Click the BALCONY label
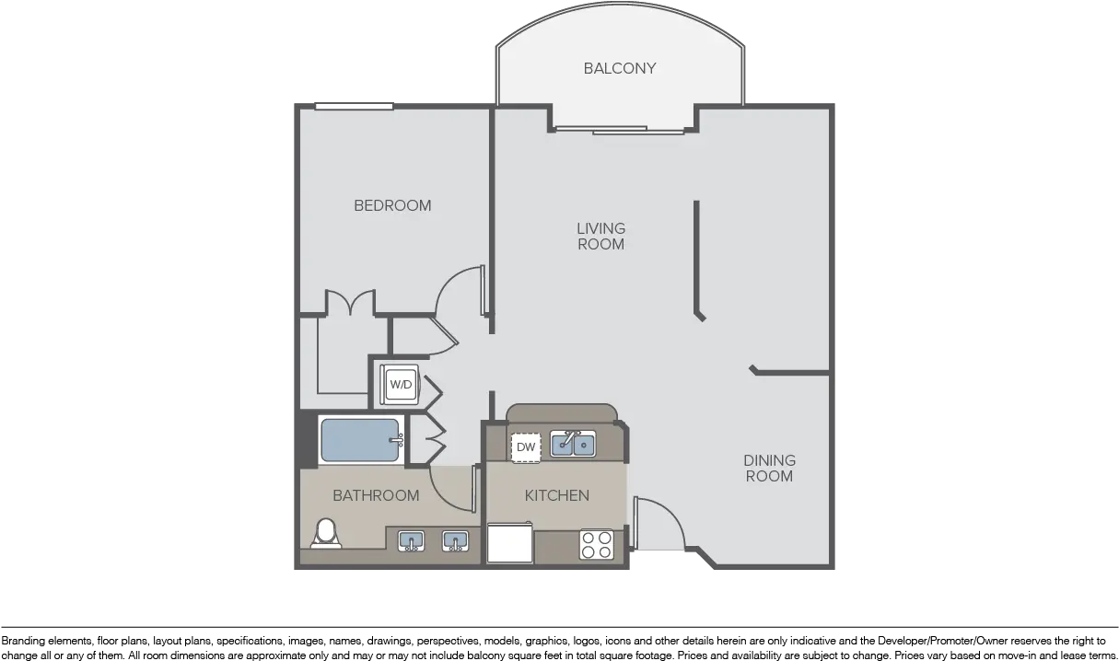pyautogui.click(x=620, y=68)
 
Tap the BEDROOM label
pyautogui.click(x=392, y=205)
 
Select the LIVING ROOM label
pyautogui.click(x=601, y=237)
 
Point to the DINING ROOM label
pyautogui.click(x=769, y=469)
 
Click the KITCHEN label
pyautogui.click(x=557, y=495)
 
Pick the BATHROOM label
pyautogui.click(x=376, y=495)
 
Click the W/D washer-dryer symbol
pyautogui.click(x=400, y=385)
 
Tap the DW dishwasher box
pyautogui.click(x=526, y=447)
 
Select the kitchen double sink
pyautogui.click(x=573, y=444)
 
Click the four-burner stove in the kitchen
pyautogui.click(x=597, y=545)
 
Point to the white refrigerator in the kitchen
pyautogui.click(x=509, y=542)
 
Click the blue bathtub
pyautogui.click(x=361, y=440)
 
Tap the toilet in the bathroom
pyautogui.click(x=326, y=534)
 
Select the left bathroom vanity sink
pyautogui.click(x=411, y=541)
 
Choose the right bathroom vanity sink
pyautogui.click(x=455, y=541)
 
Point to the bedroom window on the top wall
pyautogui.click(x=355, y=107)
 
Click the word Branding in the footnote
pyautogui.click(x=22, y=641)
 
